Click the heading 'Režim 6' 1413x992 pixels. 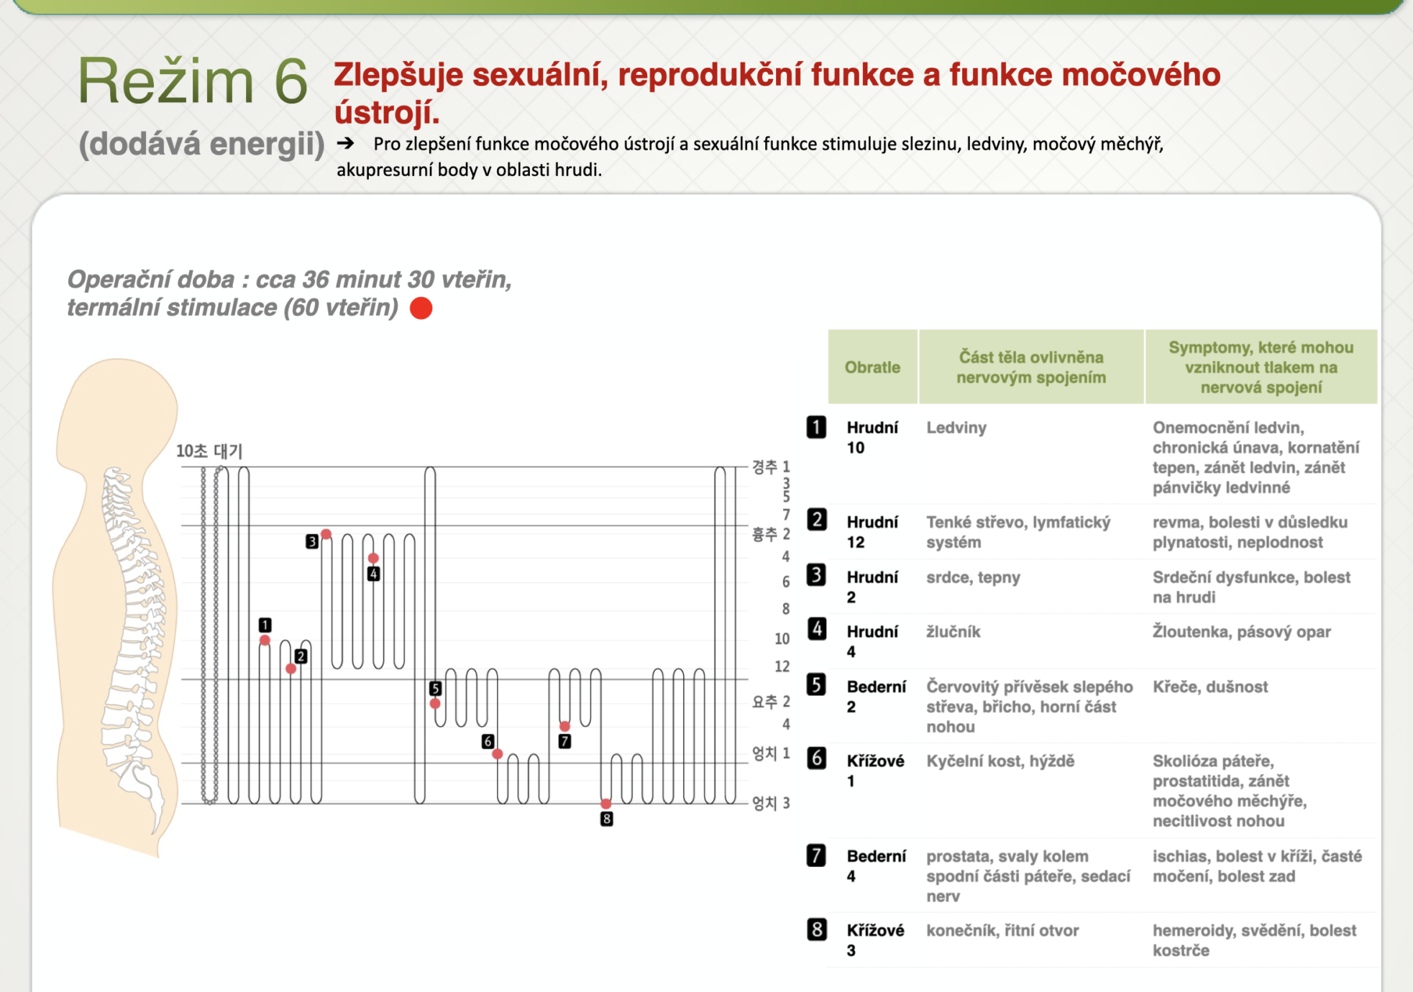(x=192, y=81)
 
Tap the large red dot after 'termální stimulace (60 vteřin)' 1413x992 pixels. (x=421, y=308)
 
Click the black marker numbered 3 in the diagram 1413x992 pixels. (x=311, y=541)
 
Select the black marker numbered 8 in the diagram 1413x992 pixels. (x=607, y=819)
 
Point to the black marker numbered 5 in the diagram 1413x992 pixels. (x=435, y=688)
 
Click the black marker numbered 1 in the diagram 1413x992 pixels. (x=265, y=625)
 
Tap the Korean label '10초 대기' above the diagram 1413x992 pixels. (x=209, y=451)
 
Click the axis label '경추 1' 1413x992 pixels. (x=771, y=467)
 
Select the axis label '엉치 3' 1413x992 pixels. (x=771, y=803)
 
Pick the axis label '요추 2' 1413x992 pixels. (x=771, y=701)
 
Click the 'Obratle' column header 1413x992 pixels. (x=872, y=367)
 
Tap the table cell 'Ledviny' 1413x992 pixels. (x=956, y=428)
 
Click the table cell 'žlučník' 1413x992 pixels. (x=953, y=632)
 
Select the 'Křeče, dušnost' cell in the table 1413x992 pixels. (x=1210, y=686)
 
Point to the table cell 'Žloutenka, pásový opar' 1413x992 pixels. (x=1241, y=632)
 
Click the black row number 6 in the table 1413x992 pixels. (x=816, y=758)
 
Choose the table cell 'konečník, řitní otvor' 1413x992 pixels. (x=1002, y=930)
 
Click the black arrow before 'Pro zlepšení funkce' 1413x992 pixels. (x=346, y=143)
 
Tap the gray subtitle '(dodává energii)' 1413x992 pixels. (x=201, y=144)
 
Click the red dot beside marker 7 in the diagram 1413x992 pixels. (x=564, y=726)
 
